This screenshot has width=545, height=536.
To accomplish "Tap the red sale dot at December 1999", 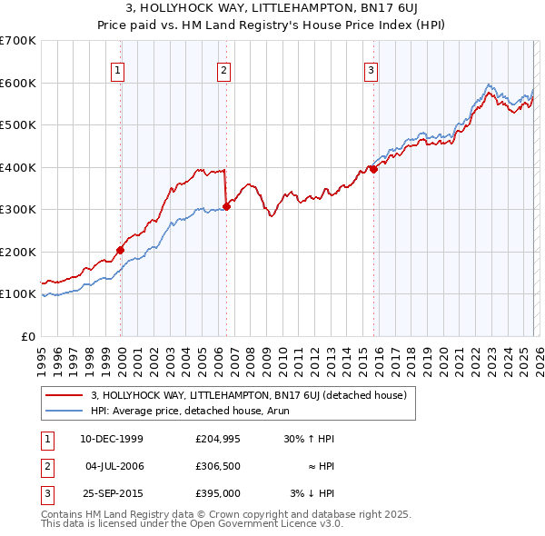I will tap(120, 250).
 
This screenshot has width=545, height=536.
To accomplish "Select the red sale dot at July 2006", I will tap(226, 206).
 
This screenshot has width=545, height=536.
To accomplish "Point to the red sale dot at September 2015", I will tap(373, 169).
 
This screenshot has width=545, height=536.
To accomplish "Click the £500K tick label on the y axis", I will tap(17, 125).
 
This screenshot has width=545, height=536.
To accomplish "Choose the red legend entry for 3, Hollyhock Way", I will tap(253, 395).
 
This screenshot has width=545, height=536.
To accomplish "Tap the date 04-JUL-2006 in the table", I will tap(114, 466).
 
